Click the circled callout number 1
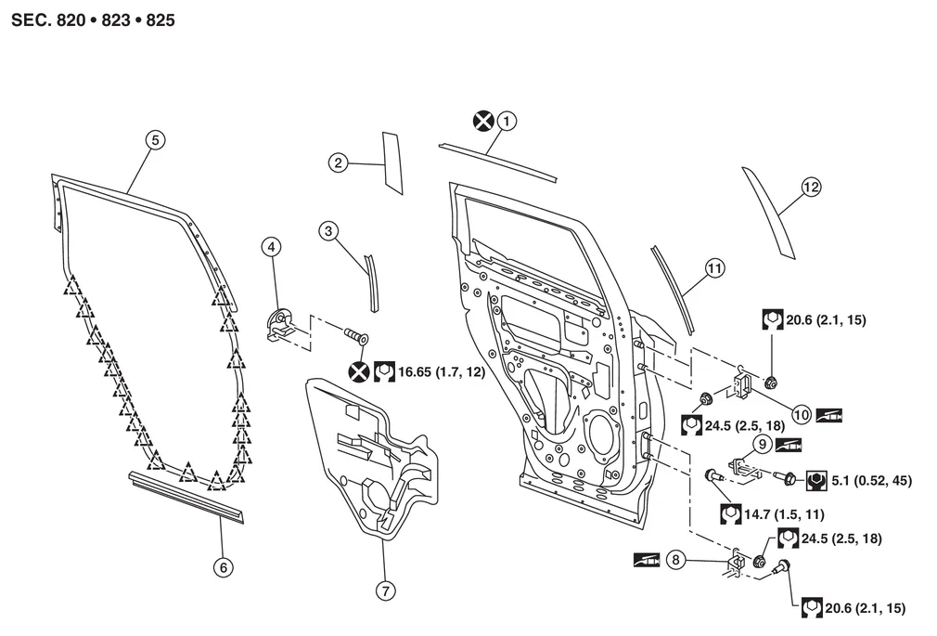click(506, 120)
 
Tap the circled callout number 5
click(155, 139)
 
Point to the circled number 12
click(811, 187)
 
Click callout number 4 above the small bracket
click(270, 247)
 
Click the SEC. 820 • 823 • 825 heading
click(93, 18)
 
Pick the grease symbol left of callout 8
click(647, 560)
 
